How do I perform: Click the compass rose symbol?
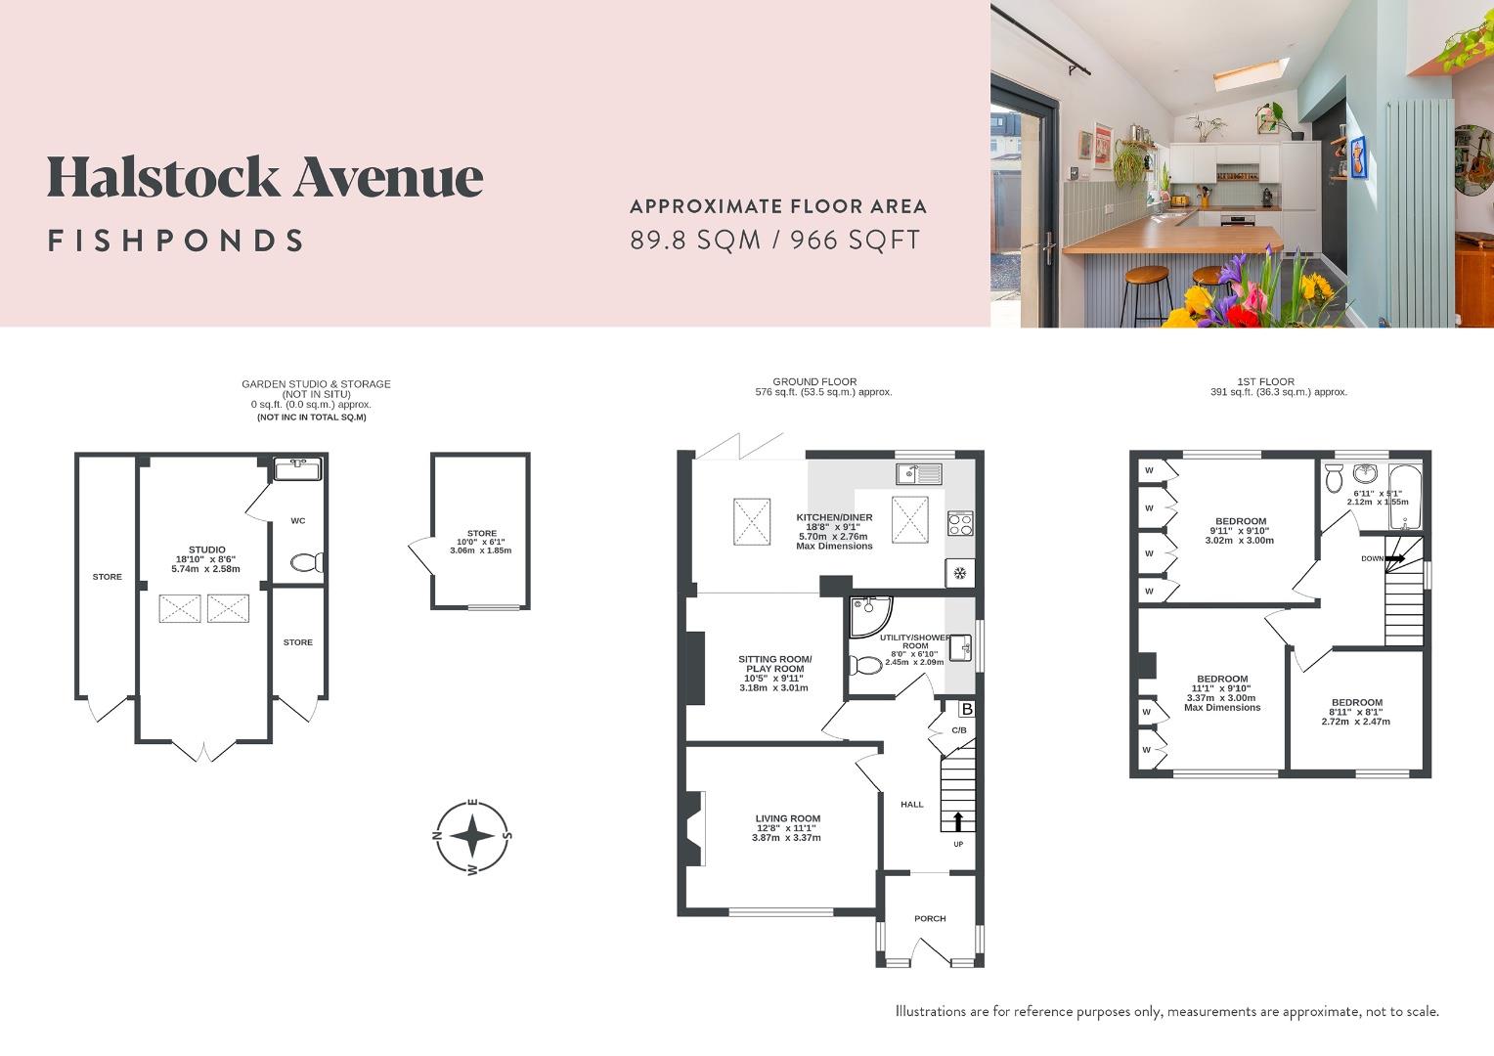tap(472, 837)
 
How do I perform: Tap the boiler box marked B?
tap(967, 709)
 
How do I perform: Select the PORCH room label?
tap(930, 918)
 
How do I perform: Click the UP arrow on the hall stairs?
tap(958, 819)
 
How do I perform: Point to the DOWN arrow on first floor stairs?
tap(1394, 558)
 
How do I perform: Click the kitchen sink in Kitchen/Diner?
tap(918, 474)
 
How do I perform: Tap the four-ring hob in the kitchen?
tap(960, 524)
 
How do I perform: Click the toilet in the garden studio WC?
tap(307, 562)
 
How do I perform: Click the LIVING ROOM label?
tap(787, 819)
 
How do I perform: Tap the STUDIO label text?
tap(206, 550)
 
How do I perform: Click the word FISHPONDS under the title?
tap(176, 241)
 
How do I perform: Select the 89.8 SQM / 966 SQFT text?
tap(775, 240)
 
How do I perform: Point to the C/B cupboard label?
tap(958, 730)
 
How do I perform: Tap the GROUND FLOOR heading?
tap(813, 382)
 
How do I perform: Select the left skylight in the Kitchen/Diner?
tap(753, 521)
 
